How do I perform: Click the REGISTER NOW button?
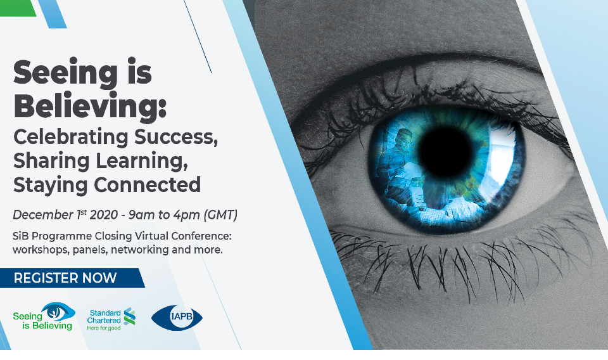tap(72, 278)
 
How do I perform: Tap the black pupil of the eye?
tap(446, 152)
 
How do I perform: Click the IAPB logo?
tap(177, 318)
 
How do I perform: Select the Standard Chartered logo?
tap(111, 319)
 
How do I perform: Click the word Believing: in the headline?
tap(90, 106)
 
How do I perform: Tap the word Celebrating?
tap(71, 137)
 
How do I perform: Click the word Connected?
tap(148, 184)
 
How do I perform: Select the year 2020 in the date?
tap(103, 215)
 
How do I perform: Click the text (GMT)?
tap(220, 215)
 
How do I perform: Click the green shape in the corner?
tap(18, 8)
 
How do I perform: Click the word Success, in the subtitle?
tap(176, 138)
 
